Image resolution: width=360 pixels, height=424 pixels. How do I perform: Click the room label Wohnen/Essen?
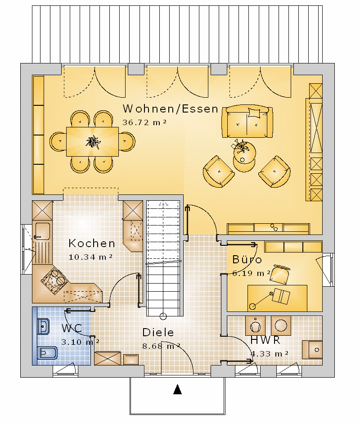point(170,109)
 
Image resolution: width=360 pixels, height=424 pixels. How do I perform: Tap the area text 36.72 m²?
point(144,122)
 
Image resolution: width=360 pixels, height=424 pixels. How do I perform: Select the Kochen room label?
point(92,244)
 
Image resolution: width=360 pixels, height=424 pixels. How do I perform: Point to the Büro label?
point(247,259)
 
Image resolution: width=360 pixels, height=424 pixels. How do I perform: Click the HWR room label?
point(265,340)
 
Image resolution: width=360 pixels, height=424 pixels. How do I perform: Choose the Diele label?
point(158,332)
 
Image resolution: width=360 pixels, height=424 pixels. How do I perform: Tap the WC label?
point(72,328)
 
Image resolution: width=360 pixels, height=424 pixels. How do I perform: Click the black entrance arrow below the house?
point(177,389)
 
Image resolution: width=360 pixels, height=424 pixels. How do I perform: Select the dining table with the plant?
point(92,142)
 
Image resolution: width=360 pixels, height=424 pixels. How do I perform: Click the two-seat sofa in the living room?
point(247,122)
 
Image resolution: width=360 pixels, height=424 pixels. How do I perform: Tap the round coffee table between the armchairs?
point(244,157)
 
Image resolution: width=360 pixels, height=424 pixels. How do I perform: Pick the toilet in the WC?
point(47,352)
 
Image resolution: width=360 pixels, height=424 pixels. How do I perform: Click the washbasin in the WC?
point(43,326)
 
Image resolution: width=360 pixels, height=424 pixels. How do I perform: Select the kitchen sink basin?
point(42,231)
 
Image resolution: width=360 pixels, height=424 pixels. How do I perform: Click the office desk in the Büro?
point(277,298)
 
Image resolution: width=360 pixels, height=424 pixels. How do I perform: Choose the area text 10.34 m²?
point(90,257)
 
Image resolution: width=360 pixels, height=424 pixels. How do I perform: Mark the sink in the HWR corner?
point(312,350)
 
